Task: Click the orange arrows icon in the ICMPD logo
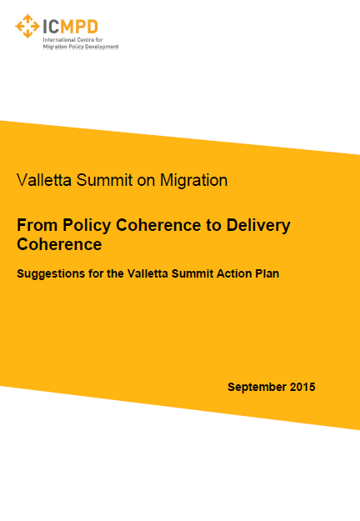[x=27, y=26]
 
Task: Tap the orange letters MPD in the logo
[x=79, y=27]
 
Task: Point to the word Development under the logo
[x=102, y=48]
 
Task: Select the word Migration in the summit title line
[x=193, y=180]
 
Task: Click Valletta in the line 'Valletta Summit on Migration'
[x=44, y=180]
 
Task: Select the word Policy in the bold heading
[x=87, y=226]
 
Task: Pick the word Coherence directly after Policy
[x=158, y=225]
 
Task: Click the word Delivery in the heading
[x=258, y=226]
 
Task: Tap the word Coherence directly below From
[x=59, y=244]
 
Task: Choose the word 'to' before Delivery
[x=213, y=226]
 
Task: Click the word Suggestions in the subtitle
[x=51, y=274]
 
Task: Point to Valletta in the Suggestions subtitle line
[x=147, y=273]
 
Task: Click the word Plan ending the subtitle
[x=267, y=273]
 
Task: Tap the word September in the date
[x=257, y=388]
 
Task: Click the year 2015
[x=302, y=387]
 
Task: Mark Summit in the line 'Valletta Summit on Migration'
[x=105, y=180]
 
